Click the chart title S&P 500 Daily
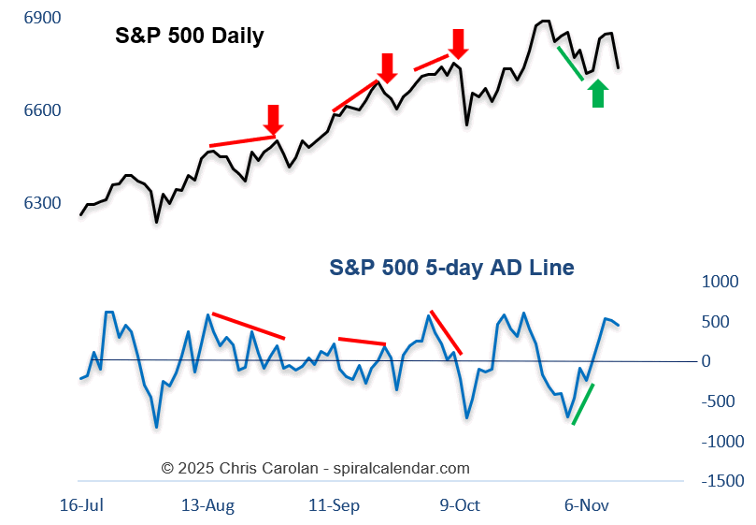pos(189,36)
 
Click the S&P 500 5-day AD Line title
pos(451,268)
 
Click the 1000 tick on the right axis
pos(720,282)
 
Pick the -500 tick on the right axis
pos(720,401)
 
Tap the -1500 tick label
pos(720,481)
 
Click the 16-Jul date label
pos(81,505)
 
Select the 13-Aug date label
pos(207,505)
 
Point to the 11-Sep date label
pos(334,505)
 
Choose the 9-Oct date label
pos(460,505)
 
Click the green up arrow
pos(598,93)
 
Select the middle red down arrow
pos(388,67)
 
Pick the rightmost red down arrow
pos(458,43)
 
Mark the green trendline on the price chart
pos(570,63)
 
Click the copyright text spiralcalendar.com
pos(316,468)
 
